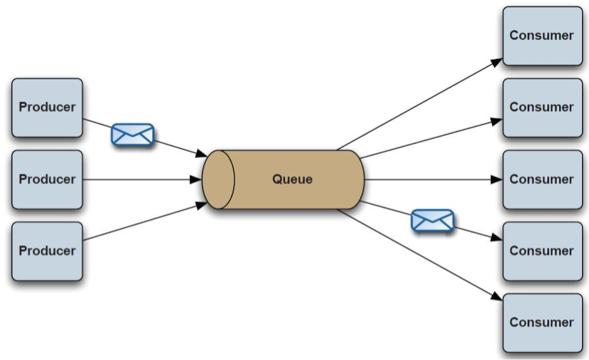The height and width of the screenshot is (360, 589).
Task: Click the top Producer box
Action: pyautogui.click(x=47, y=107)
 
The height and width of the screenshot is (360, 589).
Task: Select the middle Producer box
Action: pyautogui.click(x=47, y=180)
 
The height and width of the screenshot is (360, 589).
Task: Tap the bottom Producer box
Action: pyautogui.click(x=47, y=251)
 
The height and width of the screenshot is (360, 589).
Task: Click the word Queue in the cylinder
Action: pyautogui.click(x=292, y=180)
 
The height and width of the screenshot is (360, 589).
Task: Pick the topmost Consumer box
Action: pyautogui.click(x=542, y=36)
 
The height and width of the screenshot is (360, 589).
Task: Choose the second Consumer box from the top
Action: pyautogui.click(x=542, y=107)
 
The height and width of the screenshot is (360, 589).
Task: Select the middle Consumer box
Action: pyautogui.click(x=542, y=180)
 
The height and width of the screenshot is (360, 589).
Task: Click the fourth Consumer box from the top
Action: pyautogui.click(x=542, y=251)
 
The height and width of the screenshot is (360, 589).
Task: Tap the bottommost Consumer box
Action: pyautogui.click(x=542, y=323)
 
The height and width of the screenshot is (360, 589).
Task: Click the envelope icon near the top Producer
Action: pyautogui.click(x=133, y=135)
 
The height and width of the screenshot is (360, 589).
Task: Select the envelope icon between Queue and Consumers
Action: pyautogui.click(x=432, y=220)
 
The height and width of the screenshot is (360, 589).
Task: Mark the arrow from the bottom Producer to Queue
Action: pyautogui.click(x=143, y=222)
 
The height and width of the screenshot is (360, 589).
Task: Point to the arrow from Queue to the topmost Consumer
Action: pyautogui.click(x=419, y=104)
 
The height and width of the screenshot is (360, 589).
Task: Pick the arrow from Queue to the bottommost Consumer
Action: pyautogui.click(x=419, y=255)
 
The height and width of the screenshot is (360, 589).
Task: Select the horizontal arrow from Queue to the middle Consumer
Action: pyautogui.click(x=432, y=180)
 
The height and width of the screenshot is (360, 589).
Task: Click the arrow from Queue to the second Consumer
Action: pyautogui.click(x=432, y=138)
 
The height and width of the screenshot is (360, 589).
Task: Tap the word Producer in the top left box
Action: pyautogui.click(x=47, y=107)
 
